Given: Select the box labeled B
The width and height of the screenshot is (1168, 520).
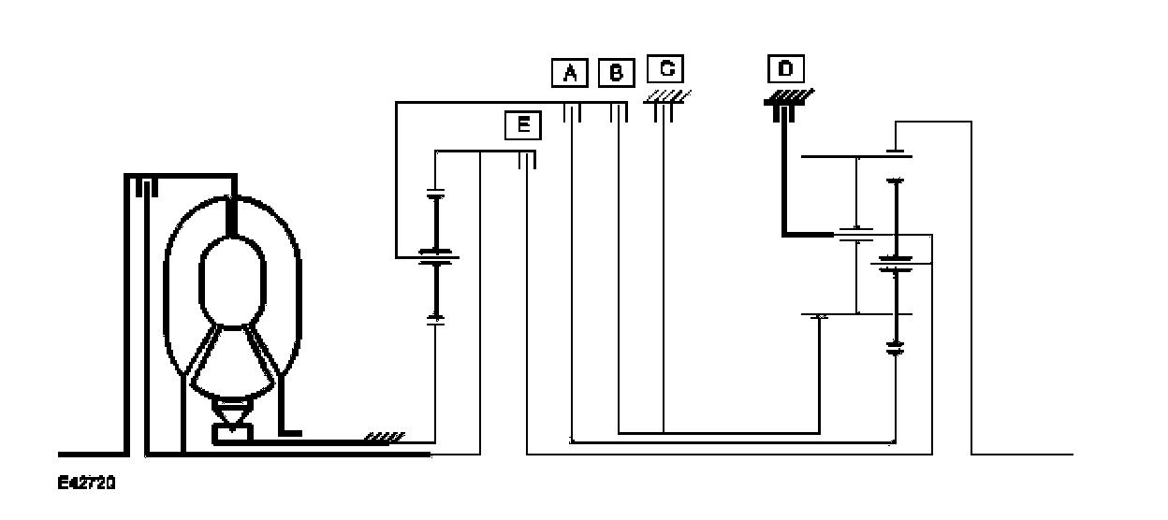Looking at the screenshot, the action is tap(615, 72).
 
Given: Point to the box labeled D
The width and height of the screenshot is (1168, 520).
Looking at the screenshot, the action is tap(785, 69).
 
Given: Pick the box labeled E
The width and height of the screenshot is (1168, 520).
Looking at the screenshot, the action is tap(522, 125).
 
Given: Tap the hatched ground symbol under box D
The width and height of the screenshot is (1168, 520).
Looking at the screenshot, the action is tap(788, 94).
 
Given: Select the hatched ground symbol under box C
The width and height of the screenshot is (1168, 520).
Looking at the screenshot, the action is tap(666, 96).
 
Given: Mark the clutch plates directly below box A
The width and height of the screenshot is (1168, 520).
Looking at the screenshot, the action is tap(573, 112).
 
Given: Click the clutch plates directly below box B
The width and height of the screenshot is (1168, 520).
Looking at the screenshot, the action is tap(618, 112).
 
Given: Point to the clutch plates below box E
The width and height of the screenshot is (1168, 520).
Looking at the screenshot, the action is tap(528, 161).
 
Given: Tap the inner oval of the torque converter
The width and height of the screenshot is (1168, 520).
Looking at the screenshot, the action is tap(233, 277).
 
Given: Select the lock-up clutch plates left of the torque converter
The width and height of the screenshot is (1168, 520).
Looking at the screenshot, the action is tap(142, 188).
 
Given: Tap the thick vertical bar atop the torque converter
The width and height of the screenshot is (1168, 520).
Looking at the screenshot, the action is tap(232, 215).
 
